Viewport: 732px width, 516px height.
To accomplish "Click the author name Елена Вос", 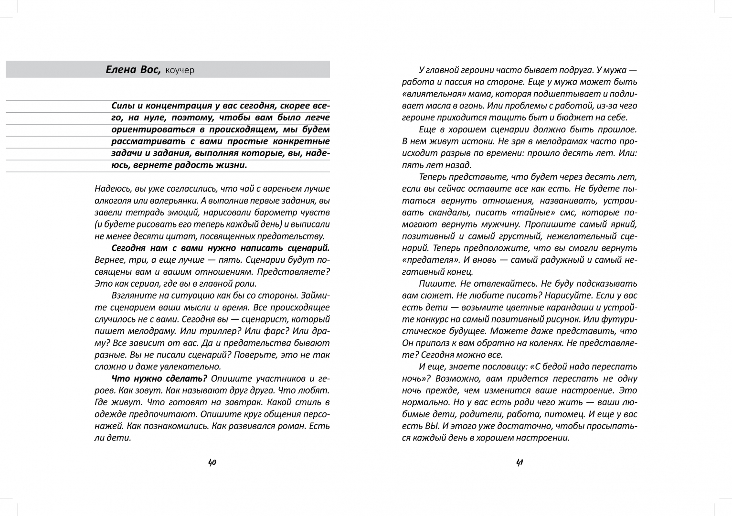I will tap(133, 70).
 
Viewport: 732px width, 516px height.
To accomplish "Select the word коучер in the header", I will tap(180, 70).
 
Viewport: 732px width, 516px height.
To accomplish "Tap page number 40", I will tap(212, 462).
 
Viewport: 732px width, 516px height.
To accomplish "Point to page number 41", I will tap(520, 462).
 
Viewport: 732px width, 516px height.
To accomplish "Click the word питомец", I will tap(562, 414).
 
